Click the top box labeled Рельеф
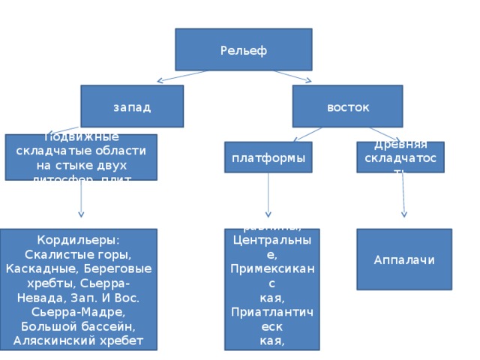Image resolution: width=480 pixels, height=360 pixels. click(243, 49)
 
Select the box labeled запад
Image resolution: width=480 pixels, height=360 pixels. click(132, 106)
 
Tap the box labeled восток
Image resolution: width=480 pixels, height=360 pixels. click(347, 106)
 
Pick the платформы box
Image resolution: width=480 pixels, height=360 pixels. click(268, 157)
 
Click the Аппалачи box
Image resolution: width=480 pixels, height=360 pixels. click(403, 259)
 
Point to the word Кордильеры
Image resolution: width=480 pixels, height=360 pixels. click(81, 240)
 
